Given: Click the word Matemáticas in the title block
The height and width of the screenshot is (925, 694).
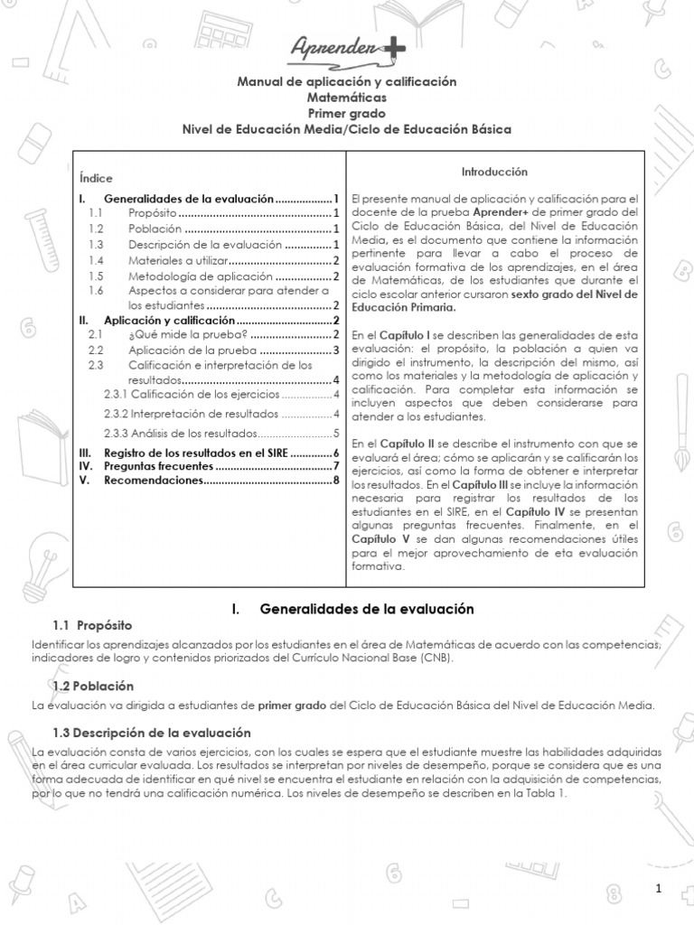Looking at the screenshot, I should [x=346, y=98].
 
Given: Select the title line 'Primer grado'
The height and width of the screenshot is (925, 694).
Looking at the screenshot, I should [x=346, y=113].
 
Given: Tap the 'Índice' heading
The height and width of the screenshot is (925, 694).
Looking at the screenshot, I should [x=96, y=179].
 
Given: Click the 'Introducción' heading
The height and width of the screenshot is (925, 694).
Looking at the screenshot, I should [x=494, y=172].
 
